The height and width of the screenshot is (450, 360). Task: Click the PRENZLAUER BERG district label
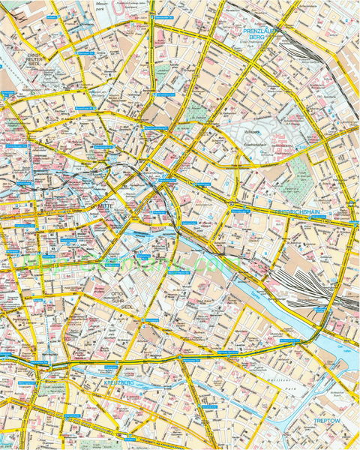coord(260,32)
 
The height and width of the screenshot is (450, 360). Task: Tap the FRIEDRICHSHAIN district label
coord(299,214)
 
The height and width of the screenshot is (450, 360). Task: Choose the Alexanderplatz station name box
coord(166,181)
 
